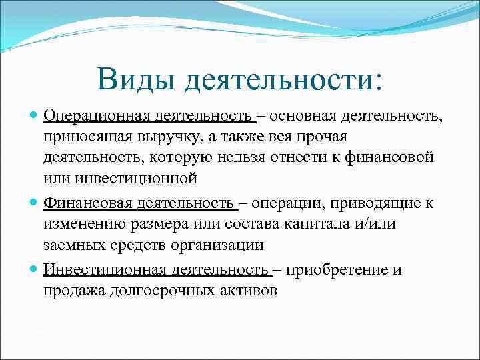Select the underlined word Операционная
97,117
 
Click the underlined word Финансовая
85,203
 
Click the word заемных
71,245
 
